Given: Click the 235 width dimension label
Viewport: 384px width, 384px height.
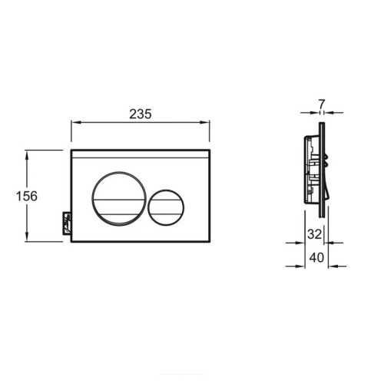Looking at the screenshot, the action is click(x=141, y=114).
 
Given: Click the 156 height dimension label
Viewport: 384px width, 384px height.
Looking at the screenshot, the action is click(x=27, y=196).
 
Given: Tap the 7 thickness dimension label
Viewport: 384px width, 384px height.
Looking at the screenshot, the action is click(x=322, y=104).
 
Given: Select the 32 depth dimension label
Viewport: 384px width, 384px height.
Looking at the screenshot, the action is click(x=314, y=233).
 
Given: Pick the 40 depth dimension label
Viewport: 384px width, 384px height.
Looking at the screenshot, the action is click(x=316, y=257).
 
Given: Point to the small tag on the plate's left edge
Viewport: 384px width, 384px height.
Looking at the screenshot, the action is click(x=67, y=223).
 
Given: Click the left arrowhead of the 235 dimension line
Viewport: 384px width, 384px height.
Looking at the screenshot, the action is click(x=76, y=122).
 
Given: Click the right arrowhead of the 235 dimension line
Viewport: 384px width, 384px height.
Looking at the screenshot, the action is click(x=204, y=122).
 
